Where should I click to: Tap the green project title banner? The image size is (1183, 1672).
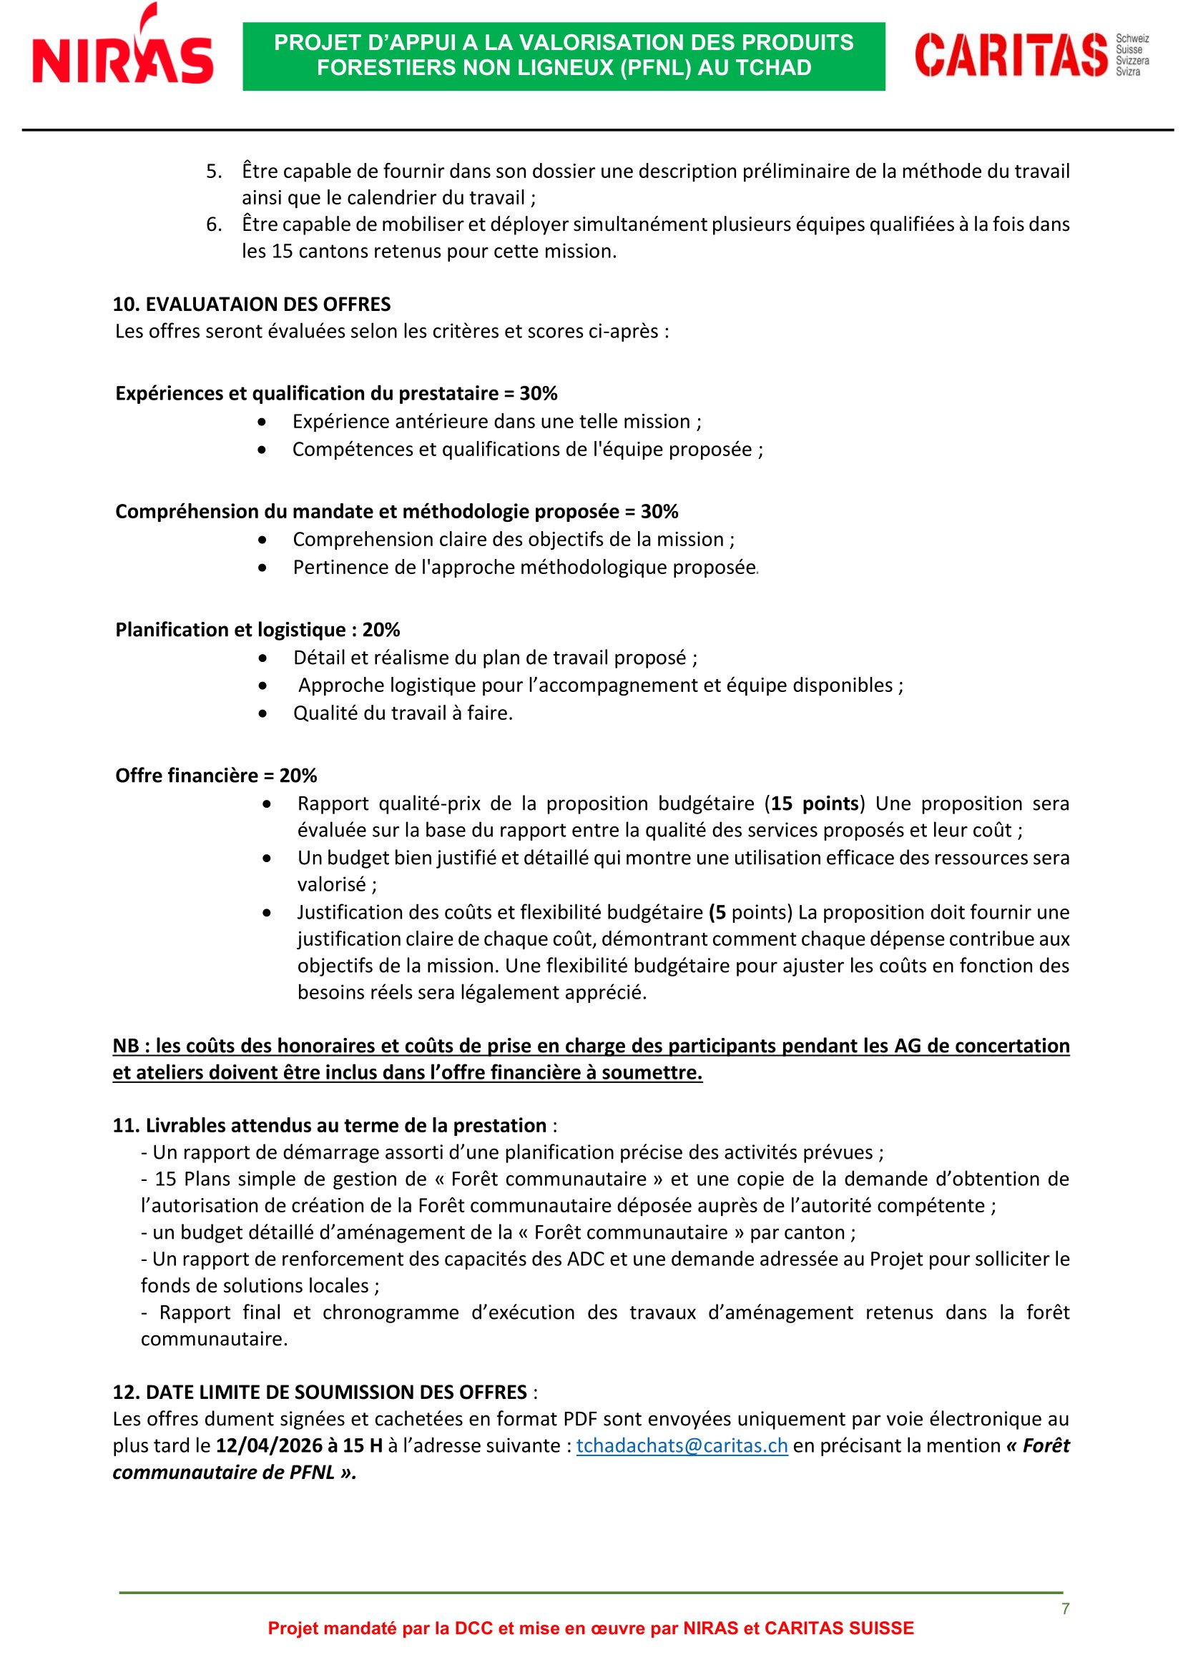[563, 56]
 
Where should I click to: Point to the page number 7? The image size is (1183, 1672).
[1065, 1608]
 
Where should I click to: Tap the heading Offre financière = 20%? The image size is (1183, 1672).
[215, 775]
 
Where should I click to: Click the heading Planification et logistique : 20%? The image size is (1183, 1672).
[257, 629]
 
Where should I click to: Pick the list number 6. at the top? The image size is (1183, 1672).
[213, 224]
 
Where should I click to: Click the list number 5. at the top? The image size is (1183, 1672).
[213, 171]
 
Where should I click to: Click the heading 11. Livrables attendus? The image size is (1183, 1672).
[329, 1125]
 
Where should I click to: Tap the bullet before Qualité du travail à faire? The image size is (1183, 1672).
[262, 713]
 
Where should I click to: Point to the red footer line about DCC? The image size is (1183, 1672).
[590, 1628]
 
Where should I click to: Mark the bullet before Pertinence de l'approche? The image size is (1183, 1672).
[262, 568]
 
